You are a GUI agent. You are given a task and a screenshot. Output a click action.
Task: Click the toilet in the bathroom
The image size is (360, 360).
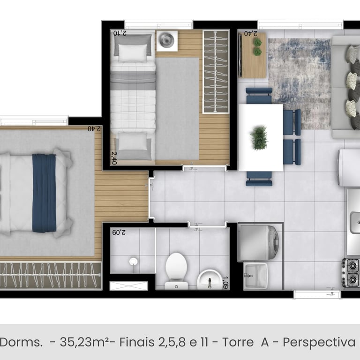click(176, 271)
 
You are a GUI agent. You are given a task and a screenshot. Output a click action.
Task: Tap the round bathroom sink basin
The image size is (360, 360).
click(209, 279)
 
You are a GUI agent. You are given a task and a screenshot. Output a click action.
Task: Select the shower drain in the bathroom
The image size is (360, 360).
click(134, 261)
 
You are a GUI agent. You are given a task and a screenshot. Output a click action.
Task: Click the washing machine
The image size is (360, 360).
click(259, 243)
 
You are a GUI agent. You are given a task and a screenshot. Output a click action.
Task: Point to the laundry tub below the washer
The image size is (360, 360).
click(256, 276)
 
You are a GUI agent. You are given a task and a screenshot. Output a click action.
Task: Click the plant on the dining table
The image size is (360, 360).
click(259, 138)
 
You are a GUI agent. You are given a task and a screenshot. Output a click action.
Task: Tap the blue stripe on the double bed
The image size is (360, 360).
click(44, 193)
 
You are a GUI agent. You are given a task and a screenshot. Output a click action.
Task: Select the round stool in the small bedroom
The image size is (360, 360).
click(167, 40)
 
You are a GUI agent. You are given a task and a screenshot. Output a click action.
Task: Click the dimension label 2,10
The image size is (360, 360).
click(120, 33)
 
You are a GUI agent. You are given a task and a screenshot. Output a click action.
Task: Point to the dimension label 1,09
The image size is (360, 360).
click(225, 282)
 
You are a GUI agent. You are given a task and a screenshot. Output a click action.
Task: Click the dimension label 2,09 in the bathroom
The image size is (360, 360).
click(119, 232)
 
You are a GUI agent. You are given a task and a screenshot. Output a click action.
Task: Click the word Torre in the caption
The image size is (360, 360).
click(238, 342)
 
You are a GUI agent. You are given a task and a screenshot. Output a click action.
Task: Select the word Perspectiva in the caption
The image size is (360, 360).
click(319, 343)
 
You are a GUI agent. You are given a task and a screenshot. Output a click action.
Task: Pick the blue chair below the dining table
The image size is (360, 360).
click(259, 179)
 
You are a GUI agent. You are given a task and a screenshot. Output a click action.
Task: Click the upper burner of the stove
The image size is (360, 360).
click(352, 266)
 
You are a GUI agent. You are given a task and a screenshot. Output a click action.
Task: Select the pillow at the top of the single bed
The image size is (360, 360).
click(133, 53)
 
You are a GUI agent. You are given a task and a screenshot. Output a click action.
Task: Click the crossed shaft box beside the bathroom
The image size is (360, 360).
click(129, 286)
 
